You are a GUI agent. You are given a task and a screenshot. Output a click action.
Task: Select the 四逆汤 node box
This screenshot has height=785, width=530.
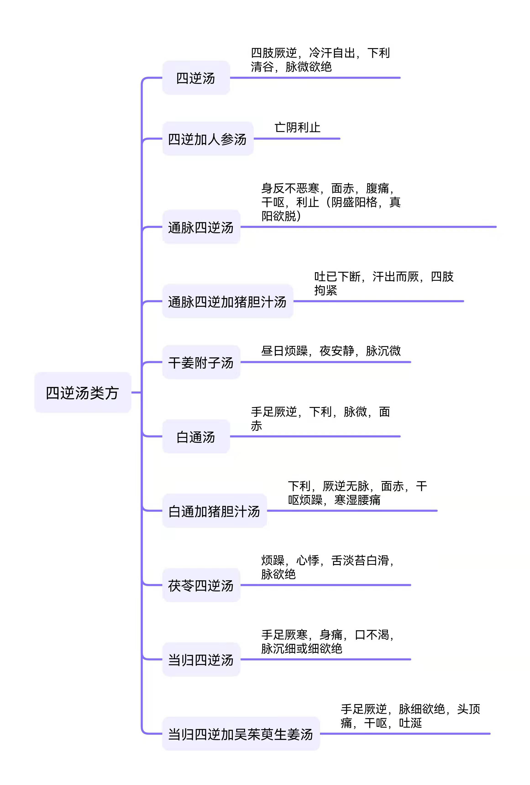(196, 78)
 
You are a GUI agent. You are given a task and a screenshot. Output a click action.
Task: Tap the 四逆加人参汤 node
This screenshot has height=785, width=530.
(208, 138)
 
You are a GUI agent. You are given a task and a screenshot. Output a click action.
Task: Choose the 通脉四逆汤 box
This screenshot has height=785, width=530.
(201, 227)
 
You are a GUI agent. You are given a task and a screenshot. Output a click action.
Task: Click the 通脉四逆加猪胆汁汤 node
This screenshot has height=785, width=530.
(228, 301)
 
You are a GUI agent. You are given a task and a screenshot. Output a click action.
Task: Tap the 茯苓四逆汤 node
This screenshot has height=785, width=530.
(201, 585)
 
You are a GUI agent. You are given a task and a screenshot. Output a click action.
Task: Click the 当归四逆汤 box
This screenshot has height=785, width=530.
(201, 659)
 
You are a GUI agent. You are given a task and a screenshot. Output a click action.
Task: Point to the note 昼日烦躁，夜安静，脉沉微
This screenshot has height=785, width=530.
(331, 351)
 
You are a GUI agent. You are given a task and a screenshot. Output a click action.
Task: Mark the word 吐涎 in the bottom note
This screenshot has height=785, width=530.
(410, 723)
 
